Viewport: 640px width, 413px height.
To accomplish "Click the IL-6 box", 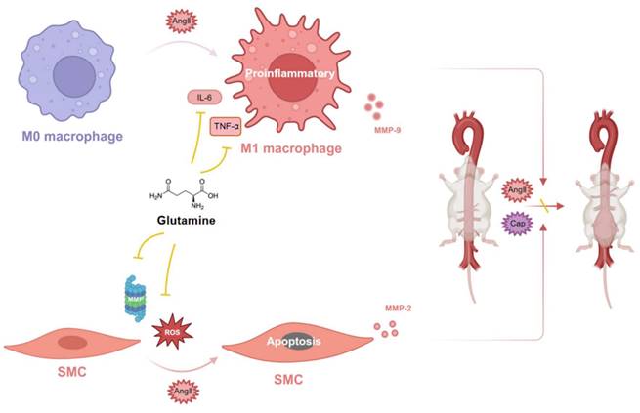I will (204, 98).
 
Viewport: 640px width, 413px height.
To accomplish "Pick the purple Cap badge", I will (519, 222).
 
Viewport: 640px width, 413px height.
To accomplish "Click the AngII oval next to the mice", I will (518, 189).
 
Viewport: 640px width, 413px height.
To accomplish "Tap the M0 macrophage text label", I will (74, 135).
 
